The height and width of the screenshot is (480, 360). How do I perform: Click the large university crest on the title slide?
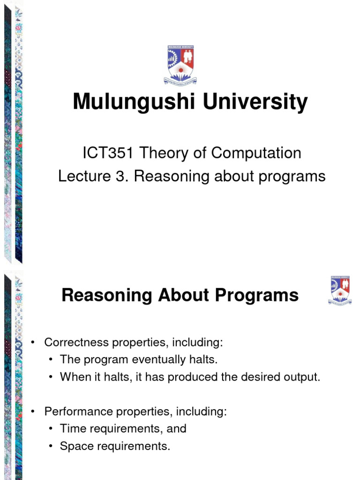(180, 65)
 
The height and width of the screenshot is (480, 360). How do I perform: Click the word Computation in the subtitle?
(256, 153)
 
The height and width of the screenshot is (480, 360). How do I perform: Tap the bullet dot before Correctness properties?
(33, 343)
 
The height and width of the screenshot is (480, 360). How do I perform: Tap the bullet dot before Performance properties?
(33, 412)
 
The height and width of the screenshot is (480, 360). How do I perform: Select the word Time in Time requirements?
(70, 429)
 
